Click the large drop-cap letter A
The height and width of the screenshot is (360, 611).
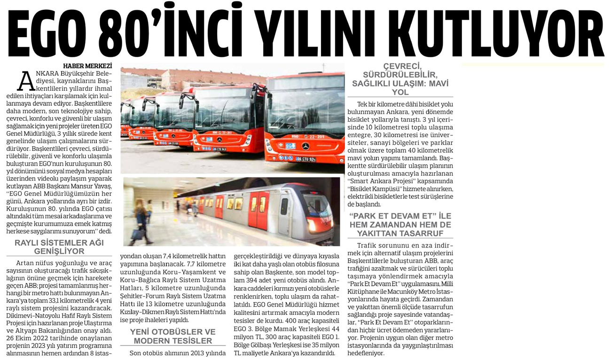coord(26,81)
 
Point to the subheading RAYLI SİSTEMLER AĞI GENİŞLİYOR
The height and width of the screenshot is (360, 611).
coord(59,247)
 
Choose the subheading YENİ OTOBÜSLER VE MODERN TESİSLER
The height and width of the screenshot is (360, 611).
coord(172,336)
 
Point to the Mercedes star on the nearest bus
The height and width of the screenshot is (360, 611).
coord(305,147)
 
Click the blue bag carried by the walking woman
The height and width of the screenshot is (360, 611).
coord(138,234)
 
